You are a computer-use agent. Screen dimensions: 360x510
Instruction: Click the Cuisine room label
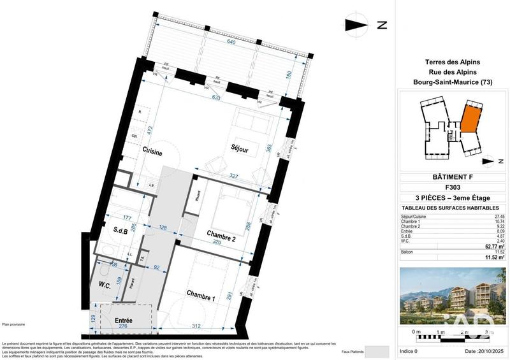click(152, 152)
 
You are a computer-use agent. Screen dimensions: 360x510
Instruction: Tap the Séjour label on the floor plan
click(244, 149)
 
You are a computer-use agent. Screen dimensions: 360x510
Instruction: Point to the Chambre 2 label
click(221, 235)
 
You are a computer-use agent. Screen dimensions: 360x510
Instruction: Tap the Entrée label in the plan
click(123, 320)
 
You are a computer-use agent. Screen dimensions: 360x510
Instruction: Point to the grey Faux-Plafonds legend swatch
click(379, 352)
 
